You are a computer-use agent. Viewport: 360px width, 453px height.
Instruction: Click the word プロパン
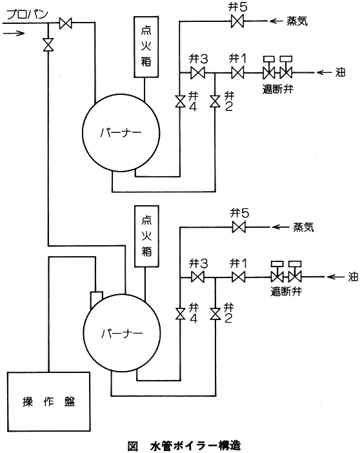(x=27, y=14)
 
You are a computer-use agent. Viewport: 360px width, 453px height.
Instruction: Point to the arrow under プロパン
(x=14, y=33)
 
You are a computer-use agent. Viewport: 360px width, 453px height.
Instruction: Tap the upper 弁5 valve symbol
(x=237, y=21)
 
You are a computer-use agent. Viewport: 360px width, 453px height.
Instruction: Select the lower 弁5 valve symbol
(x=239, y=227)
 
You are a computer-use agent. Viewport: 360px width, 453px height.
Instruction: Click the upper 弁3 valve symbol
(x=197, y=72)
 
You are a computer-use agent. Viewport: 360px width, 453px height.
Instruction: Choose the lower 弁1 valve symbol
(x=239, y=277)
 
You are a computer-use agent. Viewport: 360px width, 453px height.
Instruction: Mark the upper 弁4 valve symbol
(x=180, y=101)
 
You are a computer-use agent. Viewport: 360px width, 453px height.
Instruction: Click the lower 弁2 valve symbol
(x=215, y=314)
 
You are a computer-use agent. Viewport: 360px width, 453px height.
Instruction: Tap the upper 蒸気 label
(x=297, y=21)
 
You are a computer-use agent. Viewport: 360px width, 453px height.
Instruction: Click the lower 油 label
(x=353, y=277)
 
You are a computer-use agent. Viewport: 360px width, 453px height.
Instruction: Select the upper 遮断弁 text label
(x=277, y=88)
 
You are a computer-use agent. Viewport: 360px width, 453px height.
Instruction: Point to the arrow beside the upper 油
(x=324, y=72)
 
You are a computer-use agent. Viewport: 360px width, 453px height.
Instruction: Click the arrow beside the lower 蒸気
(x=281, y=227)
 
